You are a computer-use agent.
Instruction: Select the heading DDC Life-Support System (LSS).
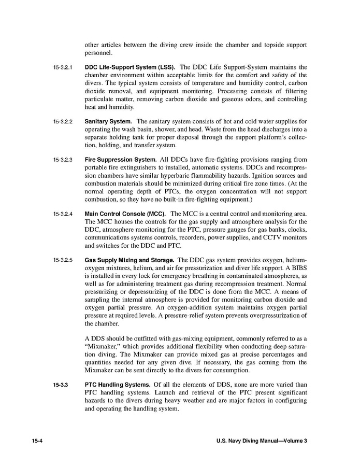(129, 67)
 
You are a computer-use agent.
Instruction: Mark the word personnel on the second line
(98, 52)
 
